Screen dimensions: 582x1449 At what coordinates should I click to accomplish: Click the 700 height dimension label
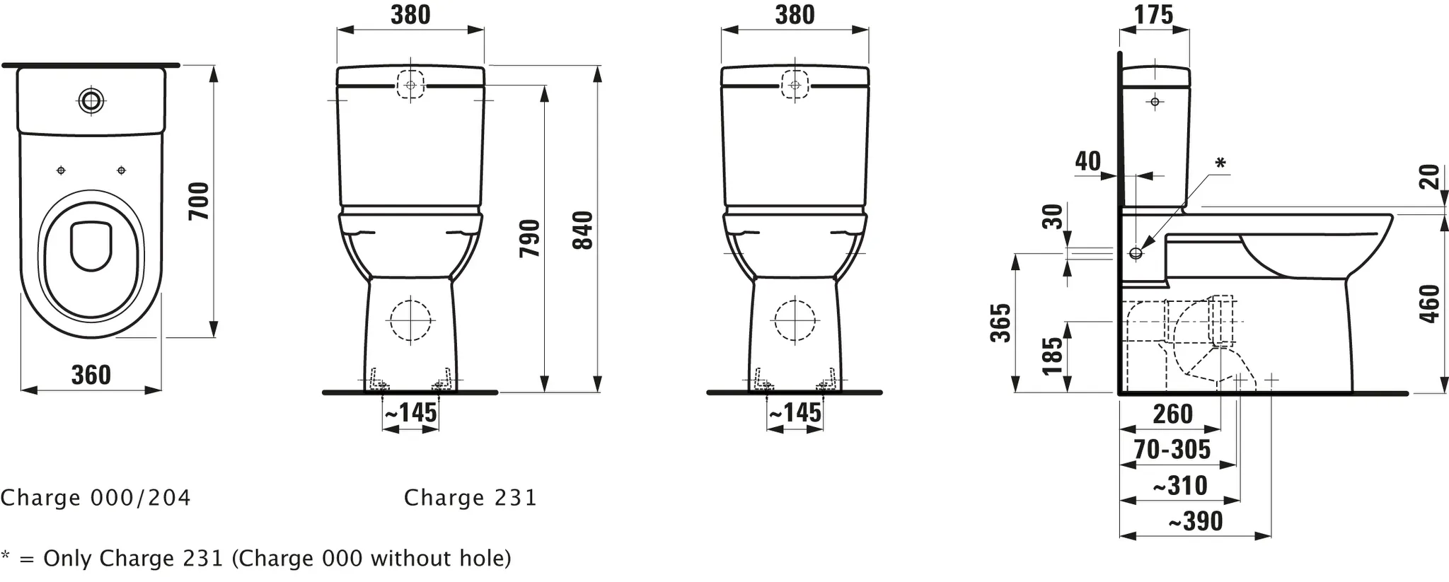[200, 201]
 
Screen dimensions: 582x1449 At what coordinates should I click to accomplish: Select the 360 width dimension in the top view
[91, 375]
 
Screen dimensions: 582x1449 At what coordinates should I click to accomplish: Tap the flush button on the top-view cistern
[91, 100]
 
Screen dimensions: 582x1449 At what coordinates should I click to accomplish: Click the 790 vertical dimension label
[531, 238]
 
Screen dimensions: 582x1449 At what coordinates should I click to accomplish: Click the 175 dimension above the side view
[1153, 15]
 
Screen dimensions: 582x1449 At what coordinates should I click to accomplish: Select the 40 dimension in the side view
[1088, 161]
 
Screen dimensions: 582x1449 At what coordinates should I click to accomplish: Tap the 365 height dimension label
[1000, 323]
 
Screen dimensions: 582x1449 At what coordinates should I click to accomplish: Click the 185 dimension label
[1053, 356]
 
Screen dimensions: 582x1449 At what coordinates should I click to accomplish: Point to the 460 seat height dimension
[1430, 304]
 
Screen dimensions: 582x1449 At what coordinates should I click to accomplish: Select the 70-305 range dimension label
[1172, 449]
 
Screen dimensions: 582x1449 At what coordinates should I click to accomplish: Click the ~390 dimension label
[1195, 521]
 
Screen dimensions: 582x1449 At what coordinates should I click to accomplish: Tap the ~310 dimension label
[1180, 486]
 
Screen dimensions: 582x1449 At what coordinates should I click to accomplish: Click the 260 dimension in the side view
[1172, 414]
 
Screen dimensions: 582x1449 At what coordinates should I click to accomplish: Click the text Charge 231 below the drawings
[471, 498]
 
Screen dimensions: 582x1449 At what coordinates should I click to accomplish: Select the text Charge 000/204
[96, 498]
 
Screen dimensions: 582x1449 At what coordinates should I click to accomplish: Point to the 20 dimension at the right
[1430, 176]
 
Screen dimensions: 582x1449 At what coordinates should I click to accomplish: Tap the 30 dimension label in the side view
[1053, 216]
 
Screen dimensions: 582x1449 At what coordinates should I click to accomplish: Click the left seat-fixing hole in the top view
[61, 170]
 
